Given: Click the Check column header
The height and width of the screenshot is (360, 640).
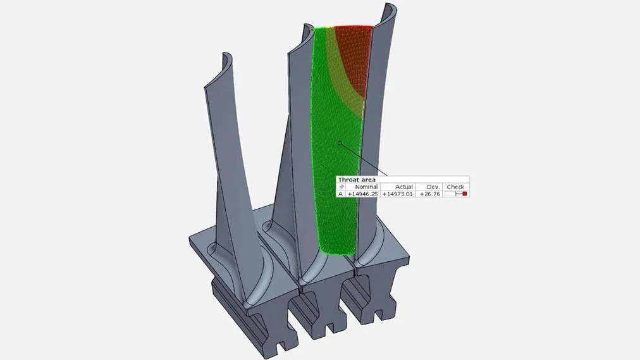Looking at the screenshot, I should (x=455, y=187).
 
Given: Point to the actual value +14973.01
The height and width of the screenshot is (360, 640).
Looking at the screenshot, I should (x=397, y=194).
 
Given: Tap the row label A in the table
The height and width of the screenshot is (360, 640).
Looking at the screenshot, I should (x=340, y=194).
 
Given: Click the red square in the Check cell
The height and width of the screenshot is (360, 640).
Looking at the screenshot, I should (x=464, y=194).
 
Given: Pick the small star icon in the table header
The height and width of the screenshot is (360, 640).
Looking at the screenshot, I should (x=342, y=187).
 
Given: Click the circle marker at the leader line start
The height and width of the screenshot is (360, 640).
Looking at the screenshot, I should (x=340, y=143).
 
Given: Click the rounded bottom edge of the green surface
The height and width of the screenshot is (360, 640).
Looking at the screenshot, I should (x=335, y=254).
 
